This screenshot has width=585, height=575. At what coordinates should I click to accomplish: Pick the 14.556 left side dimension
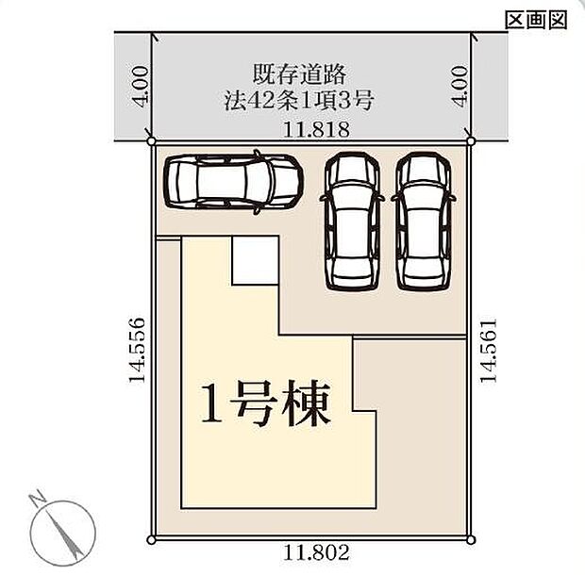coord(138,348)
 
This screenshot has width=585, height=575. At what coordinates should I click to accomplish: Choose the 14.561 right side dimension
coord(488,349)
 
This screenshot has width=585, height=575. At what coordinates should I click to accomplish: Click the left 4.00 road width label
coord(139,86)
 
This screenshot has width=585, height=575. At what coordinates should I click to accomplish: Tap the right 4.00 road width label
coord(460,86)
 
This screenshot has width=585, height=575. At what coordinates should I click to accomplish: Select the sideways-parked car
coord(233,180)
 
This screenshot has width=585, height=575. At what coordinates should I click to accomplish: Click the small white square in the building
coord(255,260)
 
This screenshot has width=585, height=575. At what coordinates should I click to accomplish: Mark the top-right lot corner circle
coord(474,142)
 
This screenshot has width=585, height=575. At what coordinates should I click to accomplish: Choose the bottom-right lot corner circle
coord(474,539)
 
